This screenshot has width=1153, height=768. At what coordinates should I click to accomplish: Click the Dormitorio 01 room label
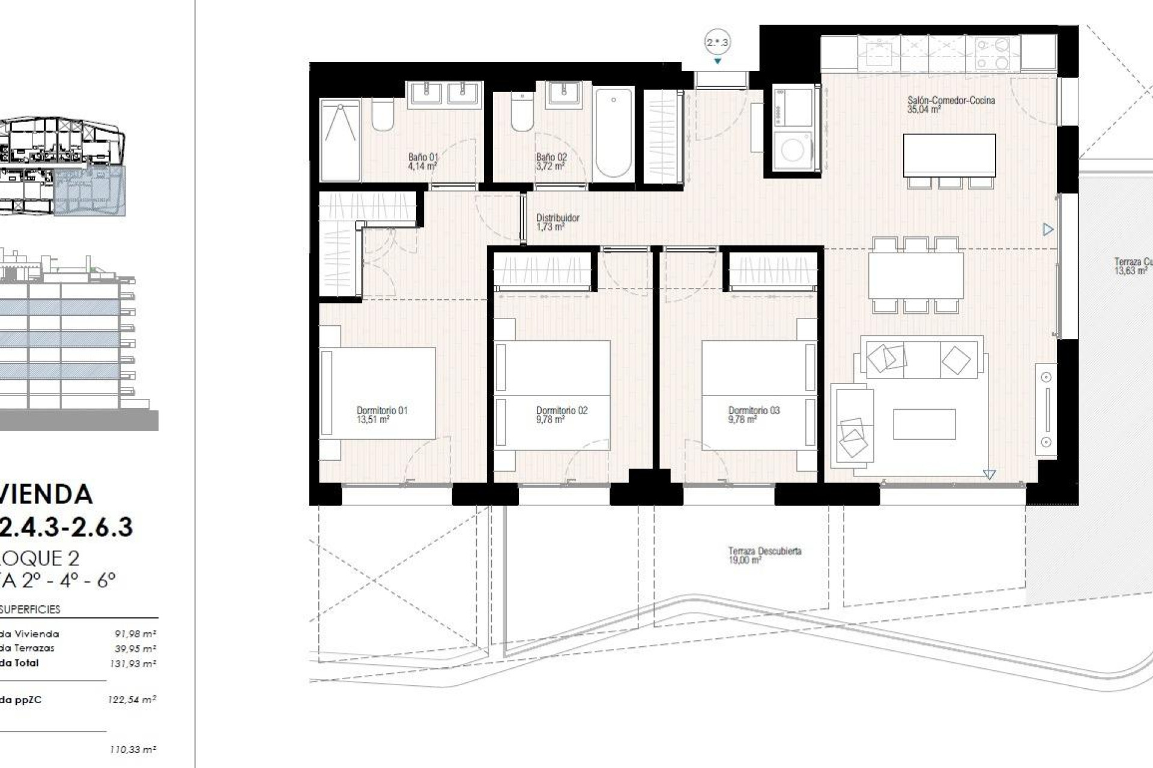point(382,410)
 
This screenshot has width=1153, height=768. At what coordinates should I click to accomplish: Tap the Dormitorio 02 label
point(561,410)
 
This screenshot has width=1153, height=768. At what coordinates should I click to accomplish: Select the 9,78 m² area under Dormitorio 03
point(742,420)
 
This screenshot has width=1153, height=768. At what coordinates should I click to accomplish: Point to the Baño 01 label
point(423,157)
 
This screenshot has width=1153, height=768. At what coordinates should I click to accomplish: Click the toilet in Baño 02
point(522,113)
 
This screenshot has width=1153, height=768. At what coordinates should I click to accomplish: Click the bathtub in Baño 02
point(613,133)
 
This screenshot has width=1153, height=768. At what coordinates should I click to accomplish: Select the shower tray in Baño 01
point(340,140)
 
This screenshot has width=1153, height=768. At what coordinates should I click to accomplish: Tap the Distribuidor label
point(557,218)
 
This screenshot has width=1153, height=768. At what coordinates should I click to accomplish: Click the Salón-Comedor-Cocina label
point(951,100)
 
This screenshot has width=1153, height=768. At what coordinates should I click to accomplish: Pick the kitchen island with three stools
point(949,155)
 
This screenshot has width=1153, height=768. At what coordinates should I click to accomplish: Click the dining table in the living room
point(915,275)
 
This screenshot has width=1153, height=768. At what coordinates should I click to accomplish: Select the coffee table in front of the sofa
point(924,424)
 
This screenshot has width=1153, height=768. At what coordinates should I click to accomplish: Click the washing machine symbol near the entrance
point(793,150)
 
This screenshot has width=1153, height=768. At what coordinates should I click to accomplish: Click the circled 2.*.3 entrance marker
point(717,43)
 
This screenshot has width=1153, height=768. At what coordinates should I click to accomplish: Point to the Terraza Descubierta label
point(764,551)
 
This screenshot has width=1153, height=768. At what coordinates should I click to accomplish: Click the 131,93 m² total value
point(133,664)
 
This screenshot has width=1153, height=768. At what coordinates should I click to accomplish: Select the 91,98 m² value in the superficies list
point(135,634)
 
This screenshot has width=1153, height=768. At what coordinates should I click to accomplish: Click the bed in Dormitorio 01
point(377,393)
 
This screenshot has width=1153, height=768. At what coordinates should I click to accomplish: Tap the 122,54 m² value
point(133,700)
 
